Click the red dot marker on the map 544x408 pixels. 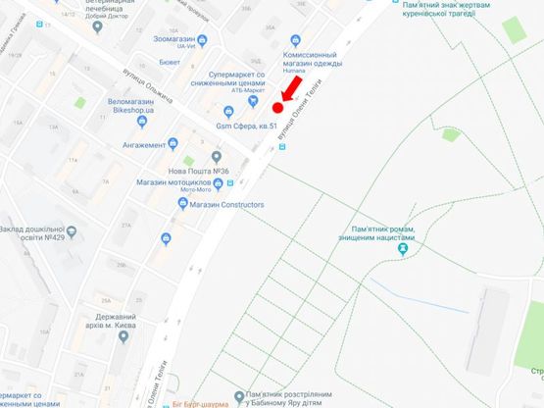click(276, 108)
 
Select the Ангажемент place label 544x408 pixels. click(143, 144)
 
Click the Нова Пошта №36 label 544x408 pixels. click(170, 168)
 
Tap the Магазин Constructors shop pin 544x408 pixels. click(183, 203)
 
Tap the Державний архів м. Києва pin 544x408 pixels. click(123, 336)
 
